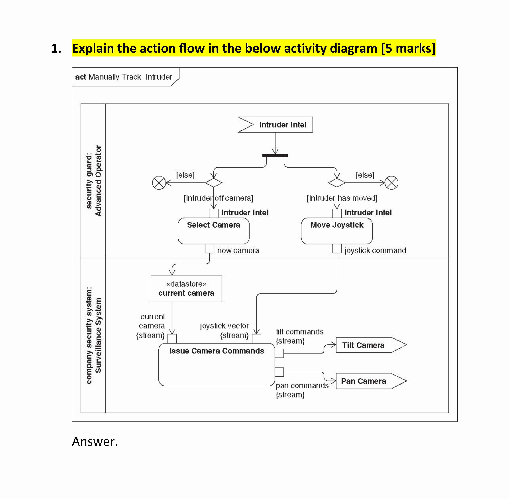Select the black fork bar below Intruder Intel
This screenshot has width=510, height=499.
(x=275, y=155)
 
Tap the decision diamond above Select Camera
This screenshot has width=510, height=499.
(x=213, y=183)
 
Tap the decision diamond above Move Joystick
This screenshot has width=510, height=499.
(x=337, y=183)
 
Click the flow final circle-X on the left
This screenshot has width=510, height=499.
(x=159, y=183)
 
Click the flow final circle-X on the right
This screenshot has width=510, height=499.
(x=391, y=183)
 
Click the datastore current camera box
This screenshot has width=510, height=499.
(x=186, y=289)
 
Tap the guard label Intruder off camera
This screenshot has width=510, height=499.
(x=218, y=198)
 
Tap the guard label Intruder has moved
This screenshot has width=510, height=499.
(x=342, y=198)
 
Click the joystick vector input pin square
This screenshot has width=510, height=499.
(x=256, y=339)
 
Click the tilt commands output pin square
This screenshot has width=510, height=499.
(x=279, y=353)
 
